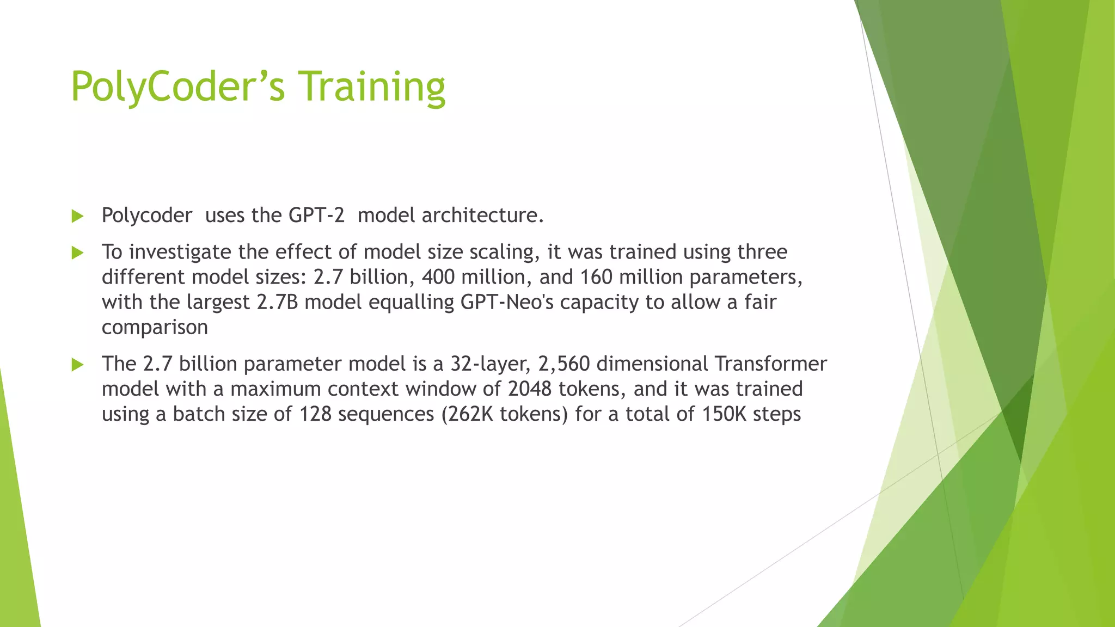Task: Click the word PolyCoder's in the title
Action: coord(177,87)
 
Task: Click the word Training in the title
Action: coord(373,87)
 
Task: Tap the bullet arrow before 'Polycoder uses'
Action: coord(77,216)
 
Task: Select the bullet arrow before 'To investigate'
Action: coord(77,253)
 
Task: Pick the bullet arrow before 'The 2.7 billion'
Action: coord(77,365)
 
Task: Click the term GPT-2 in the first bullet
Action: coord(316,216)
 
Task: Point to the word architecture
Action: coord(482,216)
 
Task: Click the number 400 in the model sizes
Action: coord(438,277)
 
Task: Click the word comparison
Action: coord(155,328)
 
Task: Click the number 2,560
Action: coord(564,364)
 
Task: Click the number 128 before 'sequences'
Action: coord(316,414)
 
